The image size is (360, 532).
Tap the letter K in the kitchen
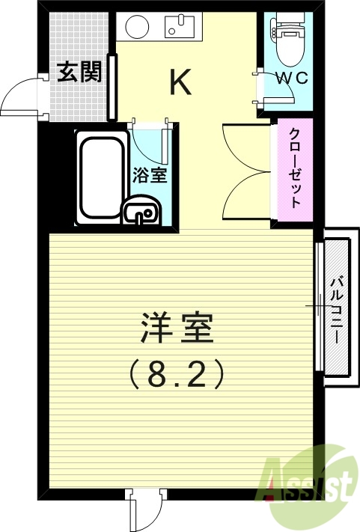[180, 82]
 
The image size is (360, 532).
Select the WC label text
[289, 77]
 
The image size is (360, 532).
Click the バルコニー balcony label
[337, 308]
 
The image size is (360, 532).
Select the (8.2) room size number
[177, 372]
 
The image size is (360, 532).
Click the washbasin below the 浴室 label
[140, 213]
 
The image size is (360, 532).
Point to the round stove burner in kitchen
[136, 27]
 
